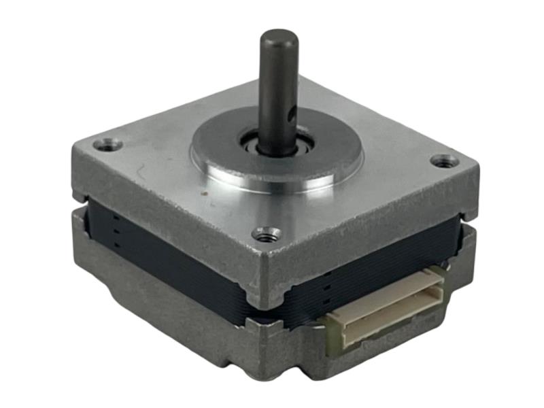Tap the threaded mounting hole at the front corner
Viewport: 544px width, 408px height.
pyautogui.click(x=267, y=235)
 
